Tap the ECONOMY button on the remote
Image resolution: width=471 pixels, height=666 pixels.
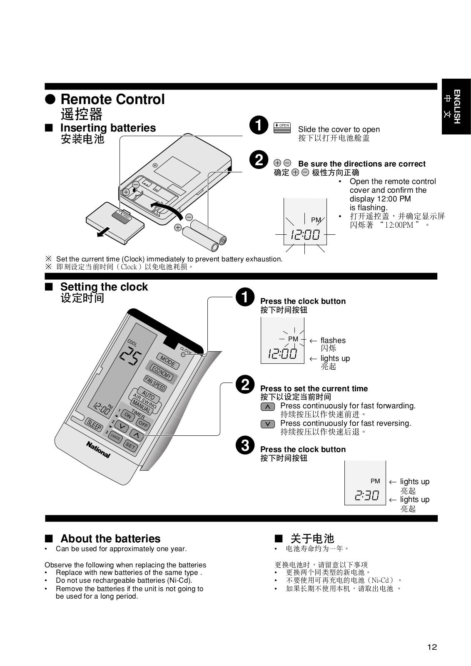pos(161,373)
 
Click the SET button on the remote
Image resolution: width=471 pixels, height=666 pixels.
pos(130,446)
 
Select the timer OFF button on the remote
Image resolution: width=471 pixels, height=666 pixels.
pos(143,424)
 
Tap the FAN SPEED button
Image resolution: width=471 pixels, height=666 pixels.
pos(155,383)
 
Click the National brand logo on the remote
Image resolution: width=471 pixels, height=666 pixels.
pos(98,450)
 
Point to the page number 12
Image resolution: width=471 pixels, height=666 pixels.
pos(432,647)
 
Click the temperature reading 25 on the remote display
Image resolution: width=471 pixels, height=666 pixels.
pos(130,357)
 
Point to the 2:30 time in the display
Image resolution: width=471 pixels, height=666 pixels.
pos(367,495)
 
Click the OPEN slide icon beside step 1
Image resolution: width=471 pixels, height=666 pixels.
pos(282,127)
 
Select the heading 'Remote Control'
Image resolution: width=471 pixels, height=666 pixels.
pos(112,99)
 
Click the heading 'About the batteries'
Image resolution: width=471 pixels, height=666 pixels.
pos(110,539)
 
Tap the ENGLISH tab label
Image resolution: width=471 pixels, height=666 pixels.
pos(456,107)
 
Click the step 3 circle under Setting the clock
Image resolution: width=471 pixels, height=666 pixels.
pos(245,446)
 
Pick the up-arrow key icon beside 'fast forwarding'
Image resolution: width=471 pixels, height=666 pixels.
pos(268,406)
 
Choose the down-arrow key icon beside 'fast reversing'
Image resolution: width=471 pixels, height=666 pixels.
pos(268,424)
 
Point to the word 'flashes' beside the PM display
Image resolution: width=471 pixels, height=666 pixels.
pos(333,340)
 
